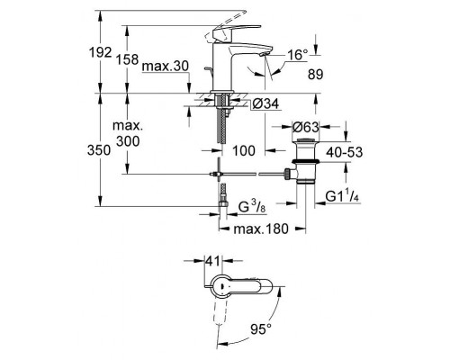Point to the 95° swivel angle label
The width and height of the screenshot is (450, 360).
pos(263,328)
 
